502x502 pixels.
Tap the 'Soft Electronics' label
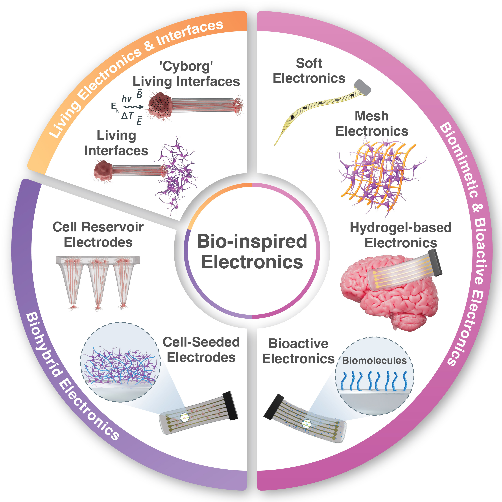click(x=309, y=71)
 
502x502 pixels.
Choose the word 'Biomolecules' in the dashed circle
click(x=374, y=360)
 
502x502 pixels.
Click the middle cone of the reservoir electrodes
click(x=98, y=283)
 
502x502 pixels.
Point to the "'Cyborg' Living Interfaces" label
click(x=186, y=74)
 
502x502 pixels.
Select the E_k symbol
click(x=115, y=107)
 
